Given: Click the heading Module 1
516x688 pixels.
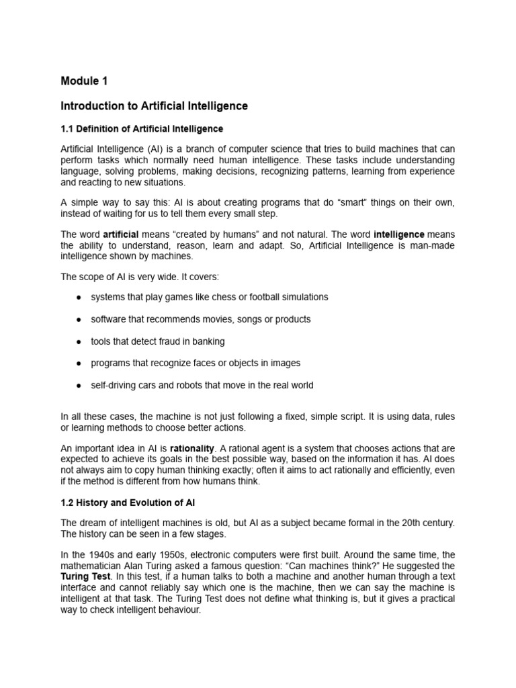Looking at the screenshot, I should (84, 81).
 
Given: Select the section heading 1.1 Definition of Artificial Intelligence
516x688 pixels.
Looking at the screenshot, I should (142, 128).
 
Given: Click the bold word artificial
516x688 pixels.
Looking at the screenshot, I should (121, 234).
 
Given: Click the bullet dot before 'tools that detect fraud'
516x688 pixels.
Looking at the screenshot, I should (79, 341).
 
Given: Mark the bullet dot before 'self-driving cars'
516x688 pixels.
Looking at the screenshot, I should (79, 386).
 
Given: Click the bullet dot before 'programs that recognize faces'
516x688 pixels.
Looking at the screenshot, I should (79, 363).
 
